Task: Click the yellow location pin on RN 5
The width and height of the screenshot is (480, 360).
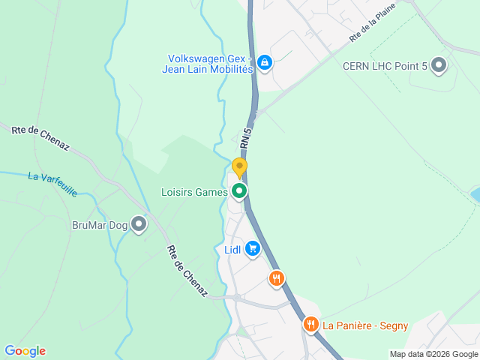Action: click(239, 167)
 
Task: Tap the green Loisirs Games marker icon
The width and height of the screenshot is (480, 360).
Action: click(239, 192)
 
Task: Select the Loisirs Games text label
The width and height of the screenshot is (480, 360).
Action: click(194, 192)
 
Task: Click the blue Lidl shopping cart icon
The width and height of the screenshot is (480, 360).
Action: click(252, 249)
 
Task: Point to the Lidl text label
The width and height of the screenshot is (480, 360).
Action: click(232, 250)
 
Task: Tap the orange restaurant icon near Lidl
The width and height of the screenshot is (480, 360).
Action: click(277, 279)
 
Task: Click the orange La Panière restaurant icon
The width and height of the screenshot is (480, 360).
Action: click(311, 325)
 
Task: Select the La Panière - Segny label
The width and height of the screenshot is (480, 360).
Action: click(365, 325)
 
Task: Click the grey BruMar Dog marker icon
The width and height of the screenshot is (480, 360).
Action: click(139, 223)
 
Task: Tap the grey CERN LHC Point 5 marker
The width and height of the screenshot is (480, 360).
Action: click(439, 66)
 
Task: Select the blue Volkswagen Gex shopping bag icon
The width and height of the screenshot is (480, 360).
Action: click(264, 63)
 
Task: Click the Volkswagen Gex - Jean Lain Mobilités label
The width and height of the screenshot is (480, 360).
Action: click(207, 64)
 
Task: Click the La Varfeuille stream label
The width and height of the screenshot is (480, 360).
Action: click(52, 184)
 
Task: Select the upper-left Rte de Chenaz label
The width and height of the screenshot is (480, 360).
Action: click(40, 138)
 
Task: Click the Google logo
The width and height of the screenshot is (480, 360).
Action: click(25, 351)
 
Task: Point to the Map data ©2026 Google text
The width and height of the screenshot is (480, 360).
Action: click(433, 354)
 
